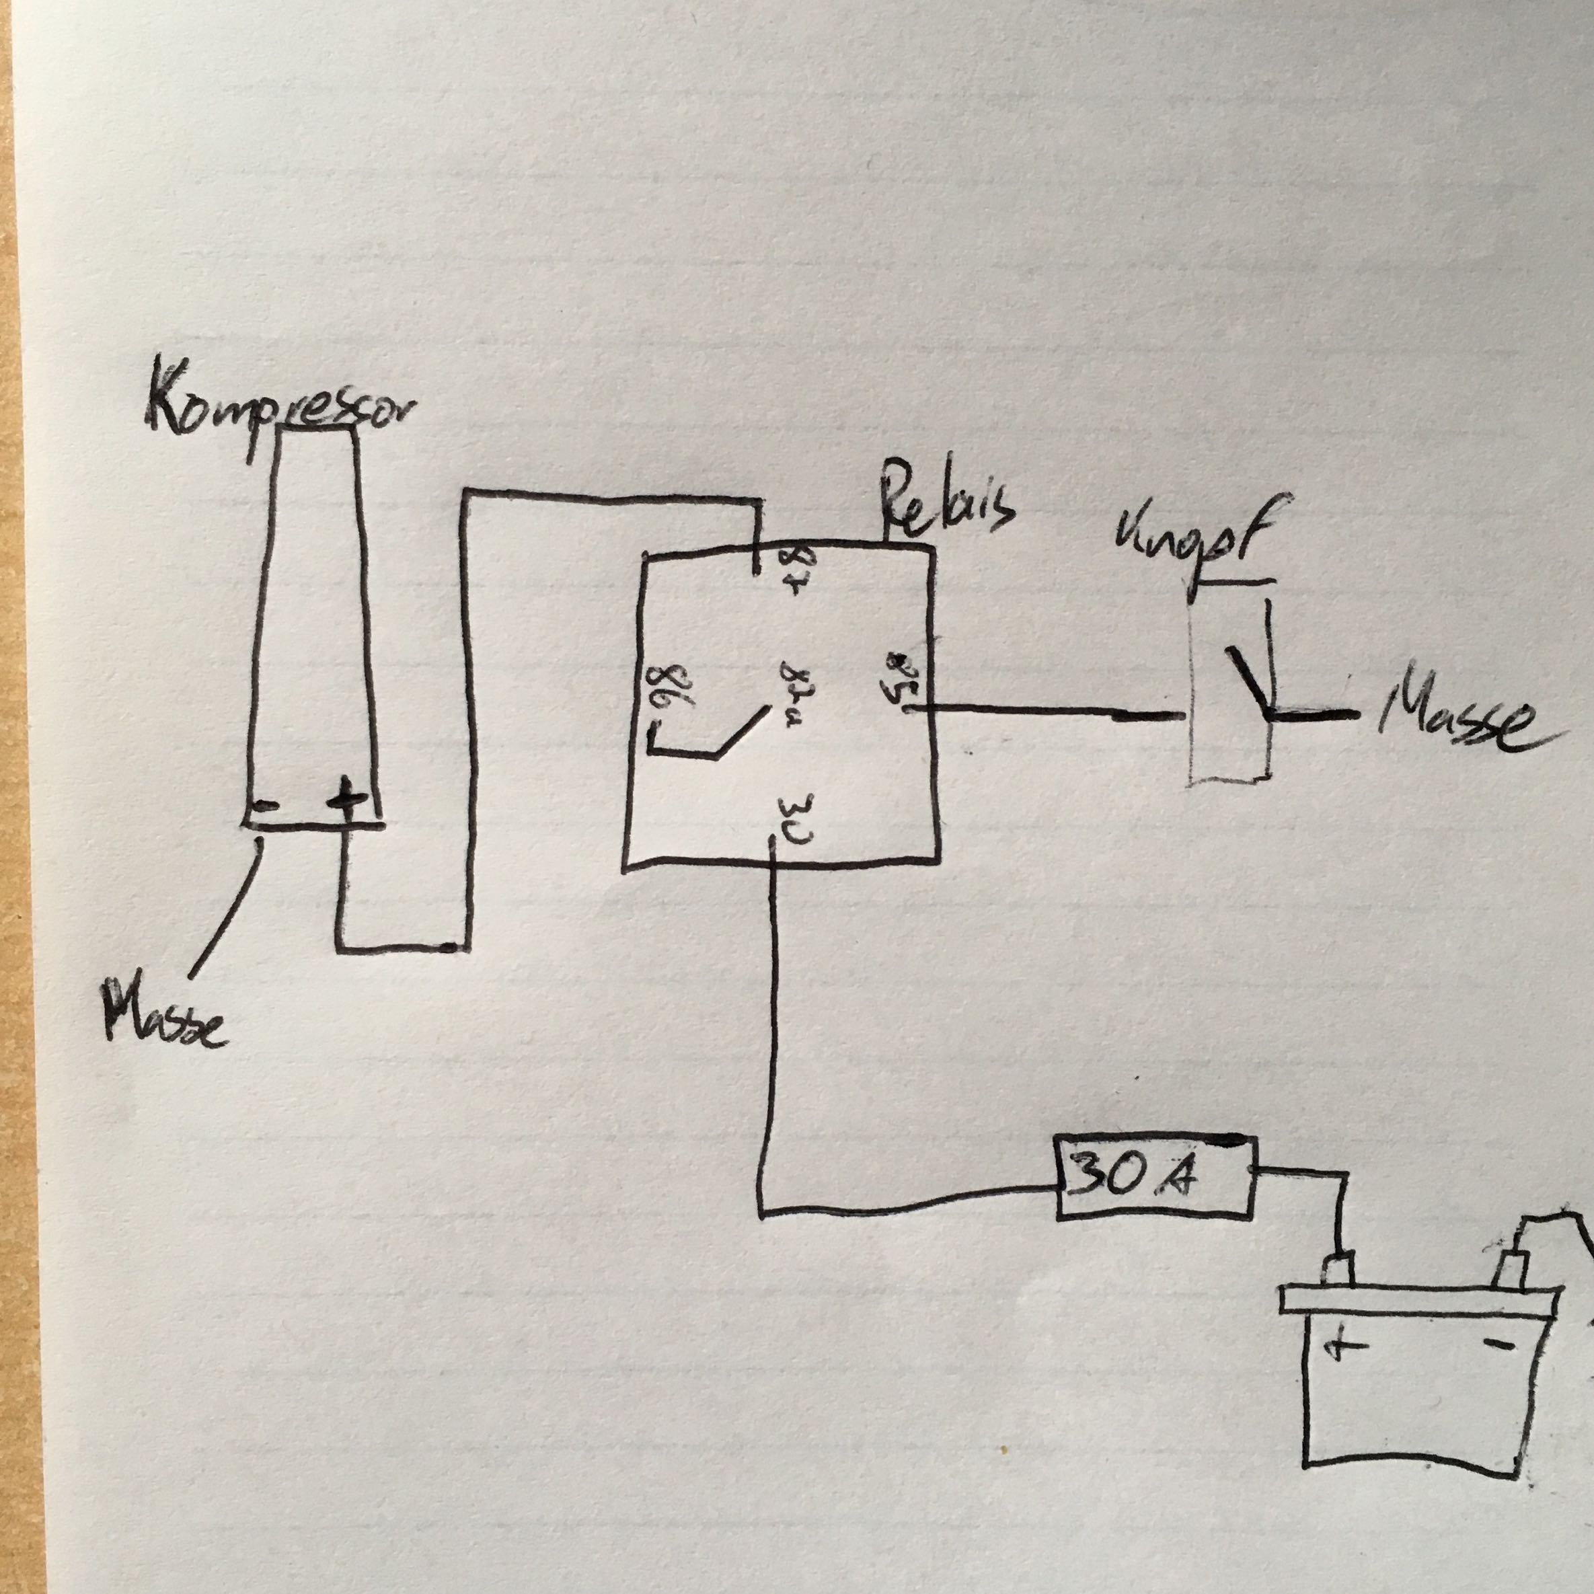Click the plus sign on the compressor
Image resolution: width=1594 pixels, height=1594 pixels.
345,798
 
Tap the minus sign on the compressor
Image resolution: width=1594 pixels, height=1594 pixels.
266,807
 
